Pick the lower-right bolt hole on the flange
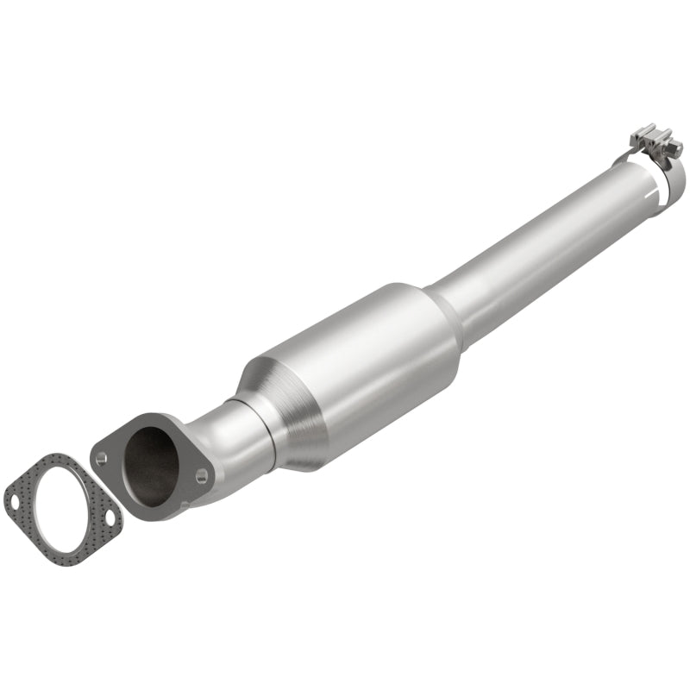coord(200,473)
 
